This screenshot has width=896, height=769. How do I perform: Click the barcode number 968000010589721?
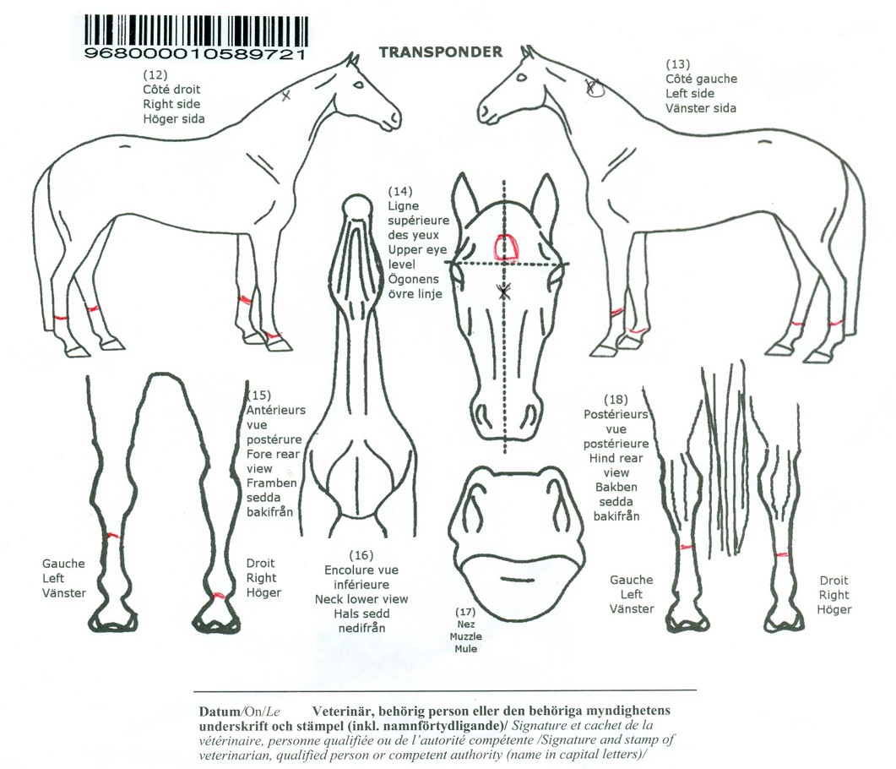195,54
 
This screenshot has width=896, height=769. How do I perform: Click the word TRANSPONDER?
441,52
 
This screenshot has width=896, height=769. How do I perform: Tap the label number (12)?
155,75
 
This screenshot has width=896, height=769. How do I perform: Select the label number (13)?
678,64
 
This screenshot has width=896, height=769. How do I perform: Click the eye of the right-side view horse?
358,85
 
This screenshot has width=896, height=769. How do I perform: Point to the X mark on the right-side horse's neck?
285,95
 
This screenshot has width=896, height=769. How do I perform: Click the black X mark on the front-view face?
503,291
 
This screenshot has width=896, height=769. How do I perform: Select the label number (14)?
400,191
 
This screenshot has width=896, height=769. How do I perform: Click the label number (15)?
259,395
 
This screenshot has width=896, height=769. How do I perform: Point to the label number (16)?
361,555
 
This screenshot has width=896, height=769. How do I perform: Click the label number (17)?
465,613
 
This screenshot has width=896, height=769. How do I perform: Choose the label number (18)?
616,400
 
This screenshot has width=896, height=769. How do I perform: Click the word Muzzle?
465,636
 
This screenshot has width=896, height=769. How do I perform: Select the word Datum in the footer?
220,712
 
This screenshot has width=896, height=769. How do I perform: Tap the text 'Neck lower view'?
361,599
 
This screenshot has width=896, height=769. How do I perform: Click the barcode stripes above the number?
197,31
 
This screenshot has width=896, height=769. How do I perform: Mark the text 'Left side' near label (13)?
690,94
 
